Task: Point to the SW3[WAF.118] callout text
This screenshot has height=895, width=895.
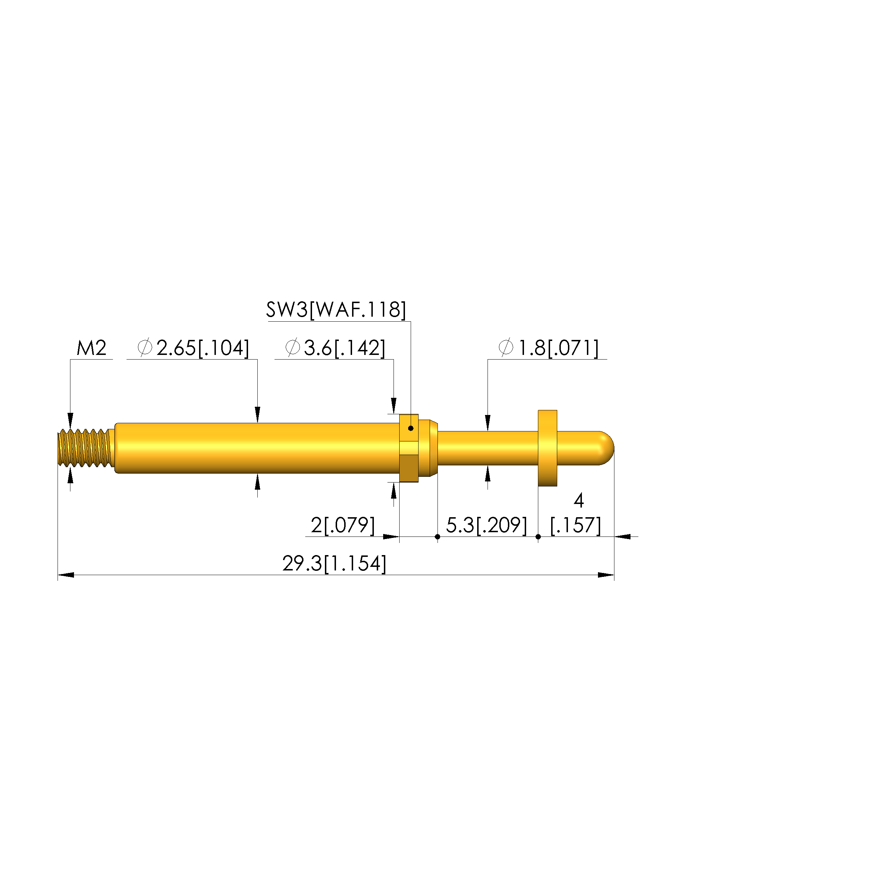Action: point(336,310)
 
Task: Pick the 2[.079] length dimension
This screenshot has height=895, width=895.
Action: point(343,525)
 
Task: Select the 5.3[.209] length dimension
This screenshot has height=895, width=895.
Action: point(486,525)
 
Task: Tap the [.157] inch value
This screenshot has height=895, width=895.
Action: point(575,525)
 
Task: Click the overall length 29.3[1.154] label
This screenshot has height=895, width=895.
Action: point(335,564)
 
